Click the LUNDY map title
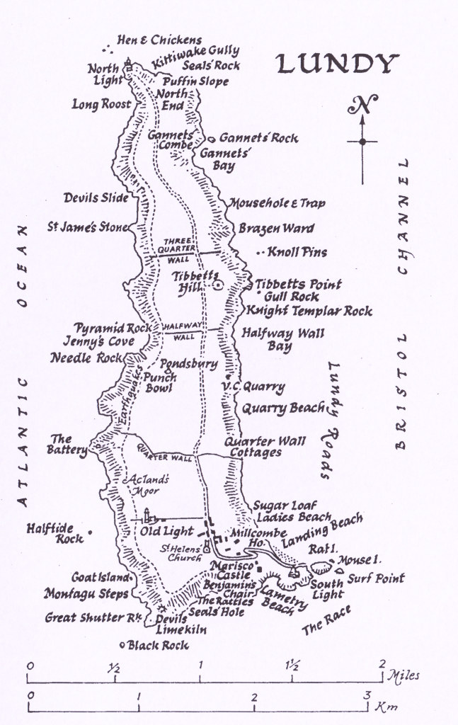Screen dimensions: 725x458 [334, 64]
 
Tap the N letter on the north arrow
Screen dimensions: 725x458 [362, 107]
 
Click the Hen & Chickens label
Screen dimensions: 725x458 [159, 40]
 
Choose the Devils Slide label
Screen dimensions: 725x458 [96, 198]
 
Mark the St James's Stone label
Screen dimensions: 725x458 [88, 227]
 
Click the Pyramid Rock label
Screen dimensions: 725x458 [110, 329]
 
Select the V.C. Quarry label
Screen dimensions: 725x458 [253, 387]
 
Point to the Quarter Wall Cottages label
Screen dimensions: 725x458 [265, 447]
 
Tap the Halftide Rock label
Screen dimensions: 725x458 [55, 533]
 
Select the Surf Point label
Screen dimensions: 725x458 [375, 578]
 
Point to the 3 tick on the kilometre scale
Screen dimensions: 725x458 [367, 695]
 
